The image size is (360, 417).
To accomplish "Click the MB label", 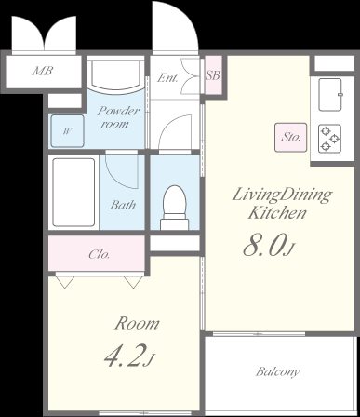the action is pos(43,72).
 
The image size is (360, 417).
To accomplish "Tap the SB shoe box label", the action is pos(213,75).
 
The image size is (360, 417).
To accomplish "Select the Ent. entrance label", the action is pos(167,78).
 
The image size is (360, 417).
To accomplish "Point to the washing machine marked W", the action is pos(67,131).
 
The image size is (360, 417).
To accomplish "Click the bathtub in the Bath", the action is pos(73,193).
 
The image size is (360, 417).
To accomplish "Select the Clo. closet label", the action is pos(99,254).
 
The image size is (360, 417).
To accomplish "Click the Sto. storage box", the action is pos(290,138).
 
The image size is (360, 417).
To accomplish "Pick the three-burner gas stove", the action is pos(330,139).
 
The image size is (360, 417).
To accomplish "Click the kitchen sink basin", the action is pos(330,94).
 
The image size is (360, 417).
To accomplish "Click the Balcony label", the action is pos(277,371).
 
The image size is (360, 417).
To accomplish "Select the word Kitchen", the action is pos(277,213).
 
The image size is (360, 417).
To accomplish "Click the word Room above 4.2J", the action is pos(137,324).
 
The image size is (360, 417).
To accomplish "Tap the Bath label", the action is pos(123,205).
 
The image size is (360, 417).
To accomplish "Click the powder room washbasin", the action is pos(115,74).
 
